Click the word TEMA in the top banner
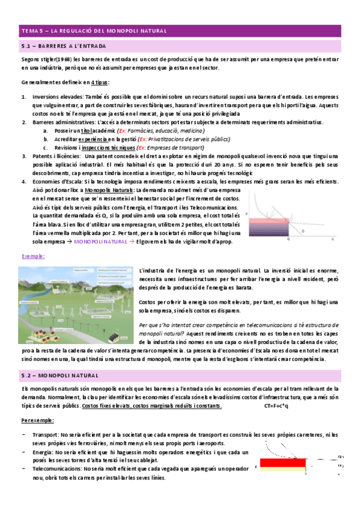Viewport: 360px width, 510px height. click(x=29, y=30)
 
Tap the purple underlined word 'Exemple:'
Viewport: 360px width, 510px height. click(x=33, y=256)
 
